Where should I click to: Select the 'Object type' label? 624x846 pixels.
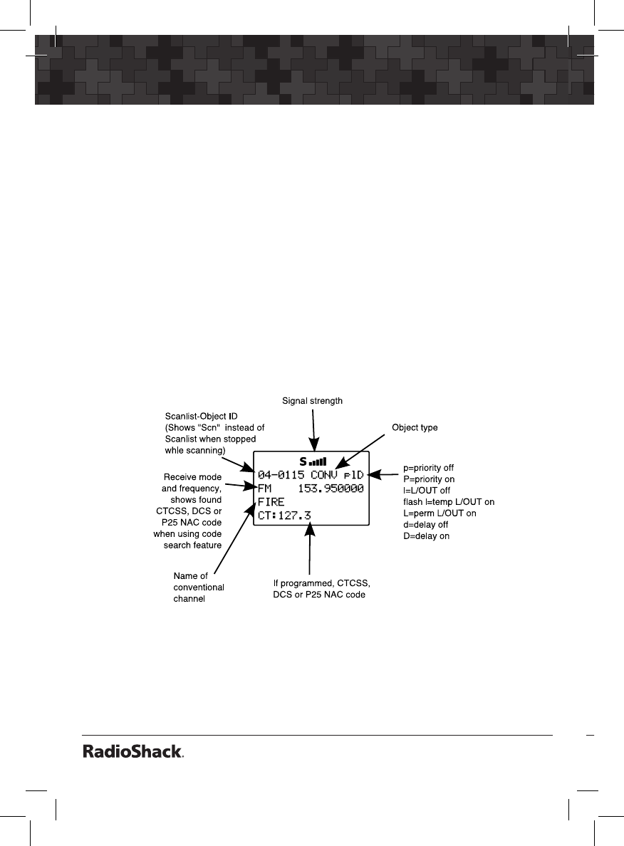[415, 428]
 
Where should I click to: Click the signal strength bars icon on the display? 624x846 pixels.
[318, 461]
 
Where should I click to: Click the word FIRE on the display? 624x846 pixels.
[271, 502]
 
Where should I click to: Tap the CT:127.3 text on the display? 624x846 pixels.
[284, 516]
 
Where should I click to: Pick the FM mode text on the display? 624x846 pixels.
[264, 489]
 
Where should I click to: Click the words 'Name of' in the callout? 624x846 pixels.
[191, 575]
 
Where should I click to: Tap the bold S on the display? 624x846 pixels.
[303, 461]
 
